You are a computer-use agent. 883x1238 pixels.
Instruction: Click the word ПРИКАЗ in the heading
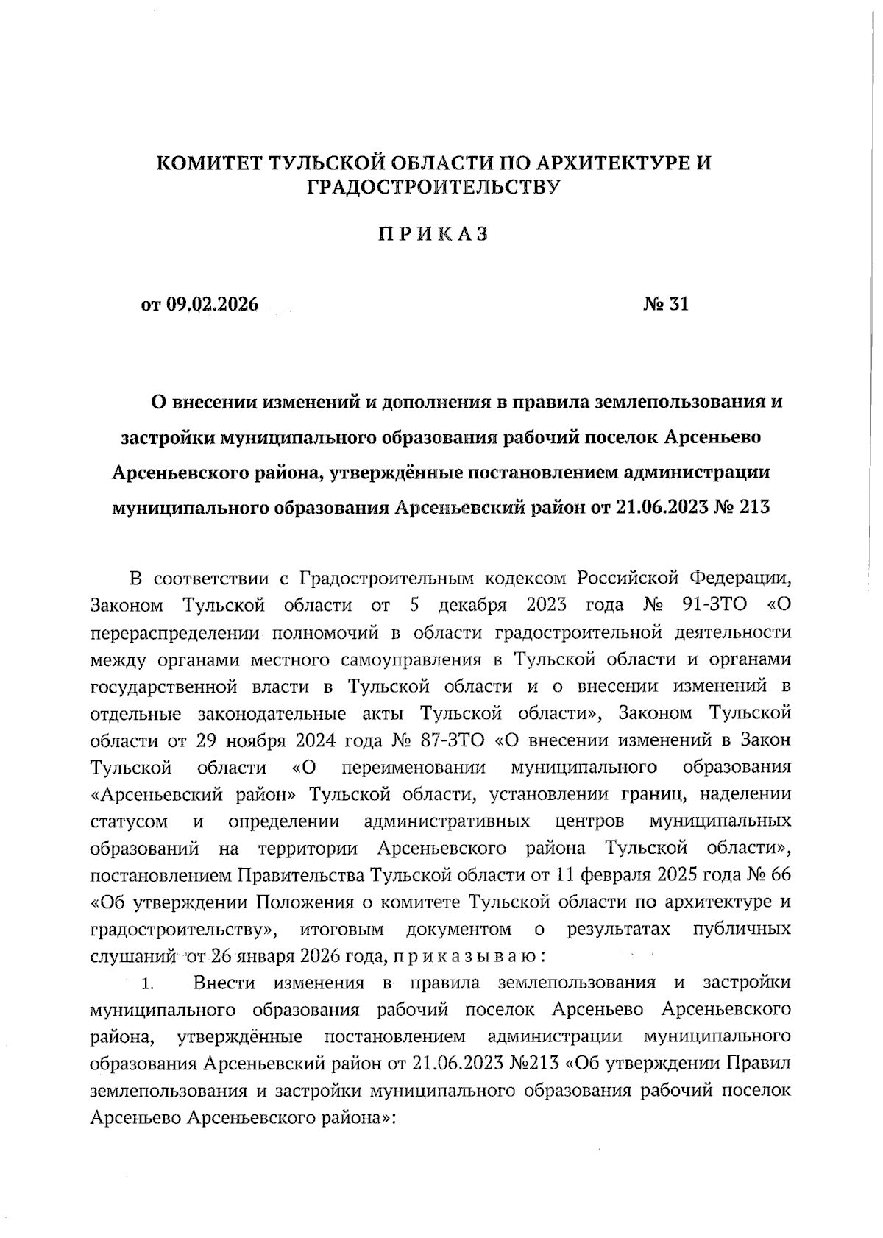pyautogui.click(x=433, y=234)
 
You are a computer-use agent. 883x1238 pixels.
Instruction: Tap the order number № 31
pyautogui.click(x=666, y=304)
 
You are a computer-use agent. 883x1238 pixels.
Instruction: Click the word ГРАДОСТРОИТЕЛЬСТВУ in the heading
pyautogui.click(x=433, y=188)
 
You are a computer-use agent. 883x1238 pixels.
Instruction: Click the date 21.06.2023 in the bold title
pyautogui.click(x=658, y=507)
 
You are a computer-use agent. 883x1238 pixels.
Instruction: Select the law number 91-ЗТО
pyautogui.click(x=715, y=605)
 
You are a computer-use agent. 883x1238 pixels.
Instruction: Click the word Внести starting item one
pyautogui.click(x=224, y=983)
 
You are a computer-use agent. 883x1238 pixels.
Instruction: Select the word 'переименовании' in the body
pyautogui.click(x=414, y=768)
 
